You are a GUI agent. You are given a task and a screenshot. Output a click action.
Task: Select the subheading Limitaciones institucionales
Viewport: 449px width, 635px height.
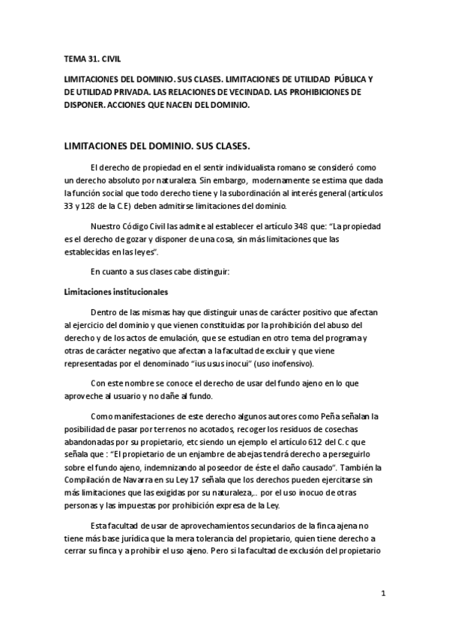coord(115,291)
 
